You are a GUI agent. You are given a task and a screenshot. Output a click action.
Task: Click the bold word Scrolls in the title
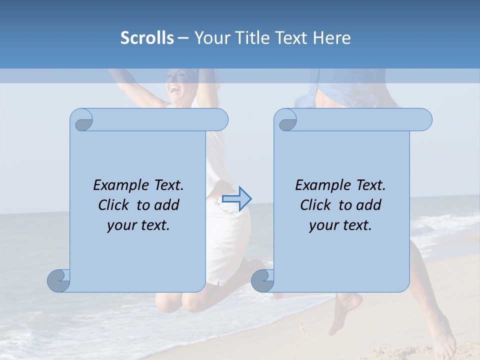(147, 37)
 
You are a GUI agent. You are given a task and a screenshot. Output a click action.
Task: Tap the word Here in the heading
(332, 37)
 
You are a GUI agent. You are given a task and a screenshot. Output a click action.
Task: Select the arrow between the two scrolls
(236, 199)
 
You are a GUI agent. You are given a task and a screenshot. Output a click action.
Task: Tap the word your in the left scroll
(122, 225)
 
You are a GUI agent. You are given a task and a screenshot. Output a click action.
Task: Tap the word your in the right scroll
(324, 225)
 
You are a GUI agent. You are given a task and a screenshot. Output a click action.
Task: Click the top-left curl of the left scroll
(82, 120)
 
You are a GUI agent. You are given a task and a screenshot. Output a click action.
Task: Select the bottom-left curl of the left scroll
(58, 280)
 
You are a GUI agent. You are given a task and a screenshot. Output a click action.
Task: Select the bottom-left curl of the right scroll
(262, 280)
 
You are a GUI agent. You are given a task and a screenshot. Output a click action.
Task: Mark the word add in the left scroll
(167, 205)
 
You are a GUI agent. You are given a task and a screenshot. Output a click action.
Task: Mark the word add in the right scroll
(369, 205)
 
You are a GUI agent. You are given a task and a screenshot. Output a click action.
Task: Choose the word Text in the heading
(291, 37)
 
